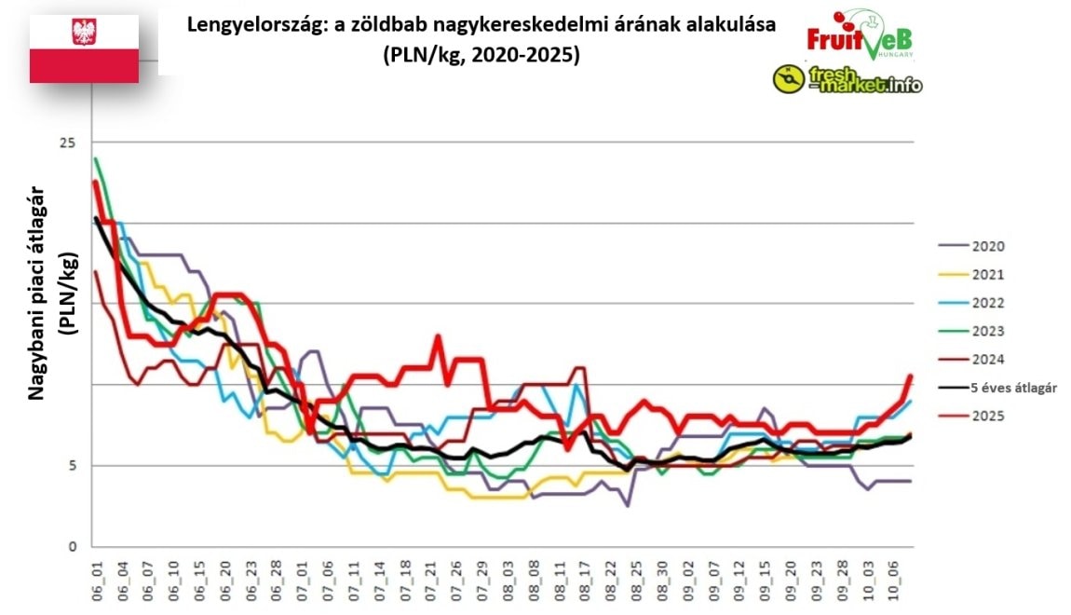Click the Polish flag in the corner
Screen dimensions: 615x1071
tap(84, 48)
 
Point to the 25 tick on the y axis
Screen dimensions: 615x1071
tap(68, 143)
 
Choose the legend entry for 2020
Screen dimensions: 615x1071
tap(988, 247)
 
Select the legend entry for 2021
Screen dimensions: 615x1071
tap(988, 275)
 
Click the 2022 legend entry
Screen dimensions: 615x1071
tap(988, 303)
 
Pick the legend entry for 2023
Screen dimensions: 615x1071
tap(988, 331)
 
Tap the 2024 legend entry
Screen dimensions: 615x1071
tap(988, 360)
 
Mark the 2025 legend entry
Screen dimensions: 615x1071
tap(988, 417)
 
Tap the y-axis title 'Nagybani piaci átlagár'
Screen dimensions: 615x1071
tap(37, 294)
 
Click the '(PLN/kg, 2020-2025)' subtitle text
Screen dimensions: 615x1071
tap(481, 55)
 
